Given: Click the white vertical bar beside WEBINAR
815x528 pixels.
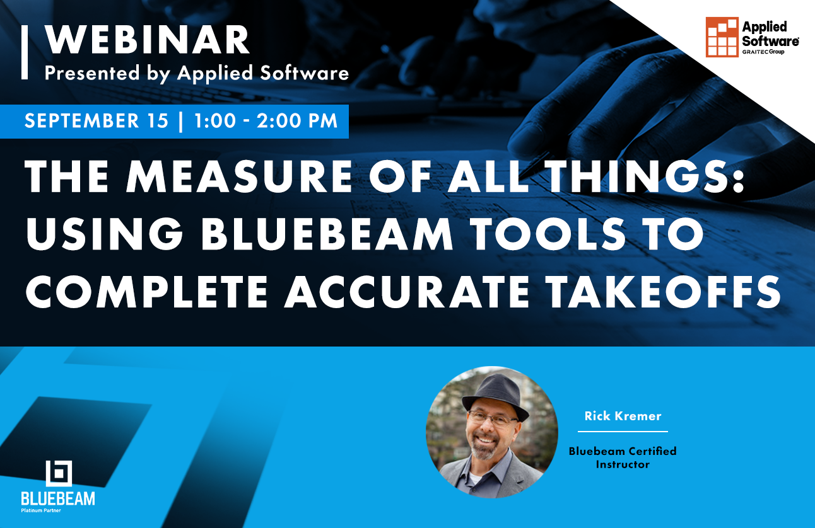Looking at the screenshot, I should (25, 52).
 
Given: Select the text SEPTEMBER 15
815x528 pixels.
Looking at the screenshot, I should (97, 121).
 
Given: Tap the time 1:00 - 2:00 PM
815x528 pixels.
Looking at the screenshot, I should (266, 121).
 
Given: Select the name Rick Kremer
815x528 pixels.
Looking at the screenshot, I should (623, 416).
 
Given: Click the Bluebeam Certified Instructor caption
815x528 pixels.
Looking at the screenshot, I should (623, 457).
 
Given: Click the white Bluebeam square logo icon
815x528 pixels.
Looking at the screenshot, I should (59, 474).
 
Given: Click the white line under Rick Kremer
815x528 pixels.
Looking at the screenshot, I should (623, 432).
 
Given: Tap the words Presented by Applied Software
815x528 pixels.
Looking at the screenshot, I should (196, 73).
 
